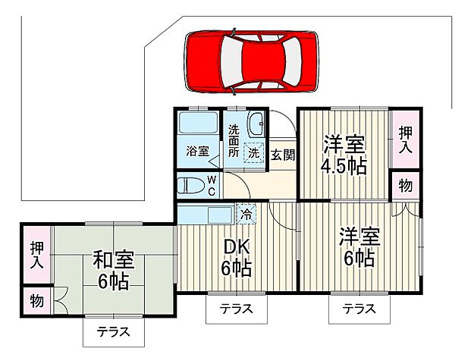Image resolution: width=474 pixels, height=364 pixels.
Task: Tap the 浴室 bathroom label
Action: tap(197, 151)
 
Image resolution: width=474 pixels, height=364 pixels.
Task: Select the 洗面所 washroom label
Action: tap(234, 141)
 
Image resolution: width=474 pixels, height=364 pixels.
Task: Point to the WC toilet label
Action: tap(212, 184)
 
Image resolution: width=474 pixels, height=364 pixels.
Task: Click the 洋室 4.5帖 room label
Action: tap(343, 155)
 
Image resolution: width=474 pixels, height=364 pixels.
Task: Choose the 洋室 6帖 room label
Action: tap(356, 246)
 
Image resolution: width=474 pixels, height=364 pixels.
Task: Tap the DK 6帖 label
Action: tap(235, 257)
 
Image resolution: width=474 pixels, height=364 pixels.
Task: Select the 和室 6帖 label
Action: tap(114, 271)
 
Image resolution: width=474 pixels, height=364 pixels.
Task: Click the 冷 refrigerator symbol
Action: tap(246, 213)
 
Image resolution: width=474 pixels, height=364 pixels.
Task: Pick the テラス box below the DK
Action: tap(236, 309)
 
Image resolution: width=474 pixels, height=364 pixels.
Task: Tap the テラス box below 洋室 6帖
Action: tap(359, 309)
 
